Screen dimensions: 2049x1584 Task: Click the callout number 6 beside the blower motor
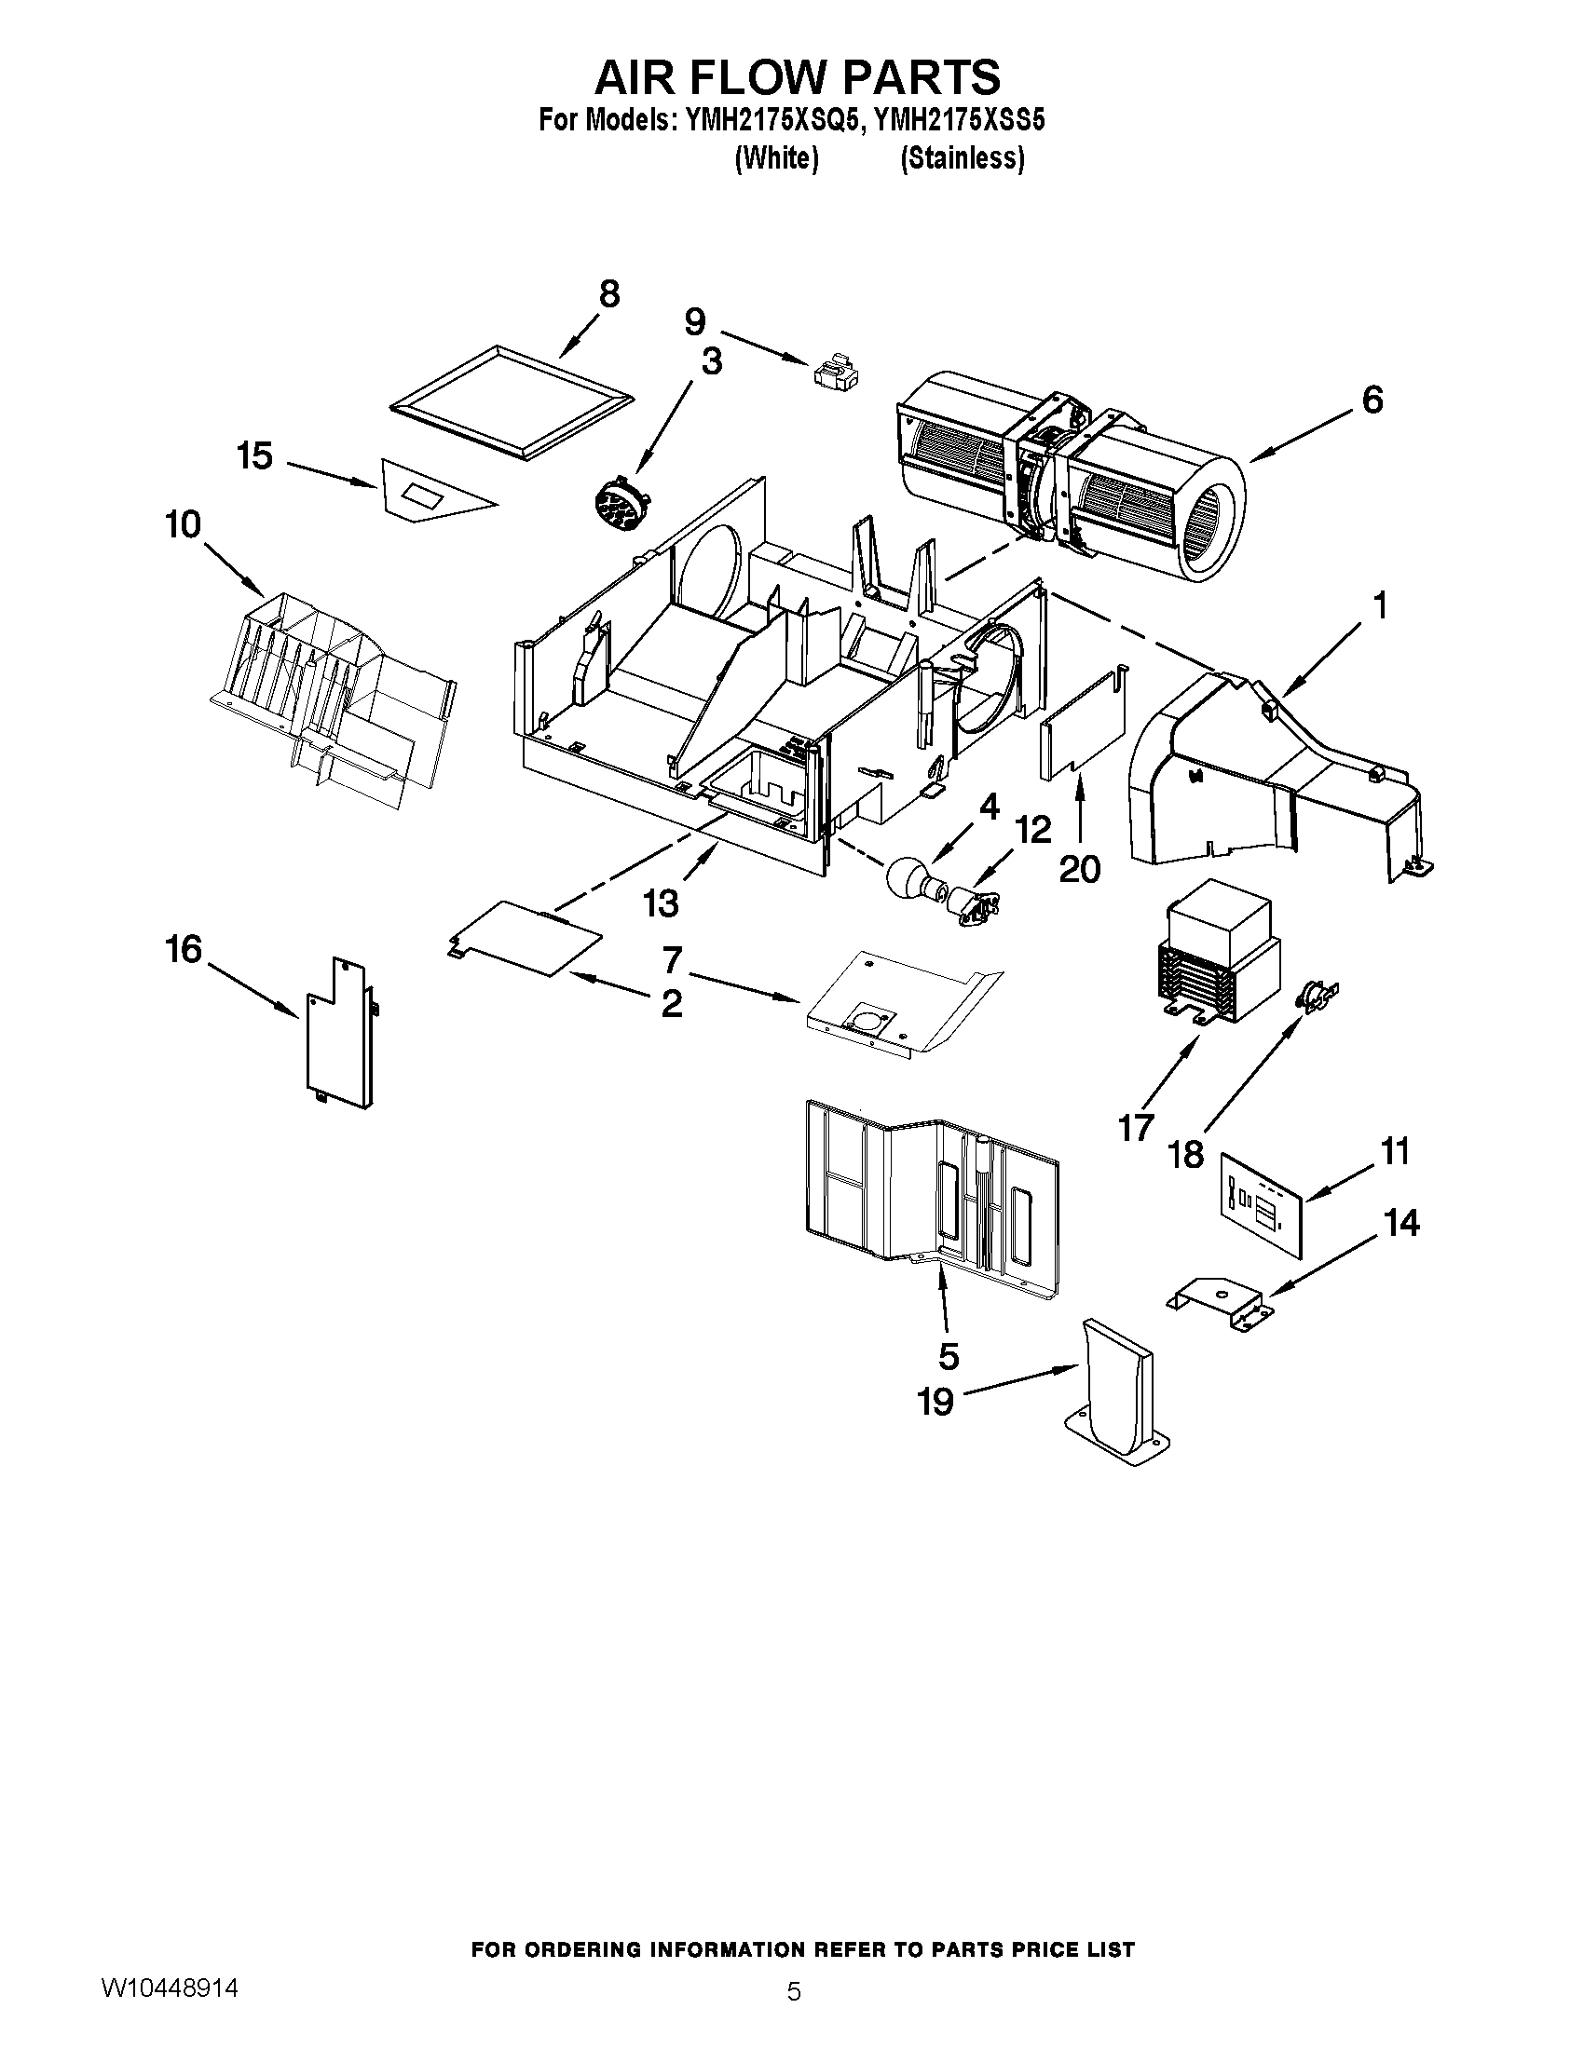pyautogui.click(x=1372, y=400)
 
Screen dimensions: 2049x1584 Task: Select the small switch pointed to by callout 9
pyautogui.click(x=833, y=372)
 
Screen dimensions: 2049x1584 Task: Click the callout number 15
pyautogui.click(x=254, y=457)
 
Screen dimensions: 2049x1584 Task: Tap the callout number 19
pyautogui.click(x=935, y=1428)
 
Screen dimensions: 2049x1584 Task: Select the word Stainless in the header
pyautogui.click(x=962, y=159)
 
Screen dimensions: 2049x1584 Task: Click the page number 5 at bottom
pyautogui.click(x=794, y=1991)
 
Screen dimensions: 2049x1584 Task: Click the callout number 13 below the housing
pyautogui.click(x=661, y=903)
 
